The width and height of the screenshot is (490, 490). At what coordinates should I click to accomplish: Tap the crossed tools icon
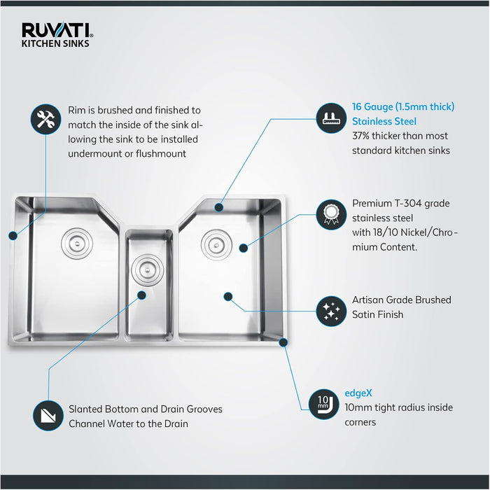pyautogui.click(x=46, y=120)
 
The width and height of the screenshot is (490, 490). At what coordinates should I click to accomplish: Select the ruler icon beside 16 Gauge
pyautogui.click(x=331, y=118)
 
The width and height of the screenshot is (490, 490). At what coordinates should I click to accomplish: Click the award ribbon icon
pyautogui.click(x=331, y=215)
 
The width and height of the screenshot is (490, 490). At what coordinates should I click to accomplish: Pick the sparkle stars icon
pyautogui.click(x=331, y=311)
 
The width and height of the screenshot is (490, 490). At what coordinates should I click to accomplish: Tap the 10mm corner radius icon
pyautogui.click(x=323, y=405)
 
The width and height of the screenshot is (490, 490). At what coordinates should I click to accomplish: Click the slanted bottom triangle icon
pyautogui.click(x=48, y=416)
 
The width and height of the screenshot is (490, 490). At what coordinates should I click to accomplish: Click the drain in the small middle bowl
pyautogui.click(x=147, y=269)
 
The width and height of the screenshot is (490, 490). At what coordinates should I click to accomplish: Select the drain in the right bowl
pyautogui.click(x=216, y=245)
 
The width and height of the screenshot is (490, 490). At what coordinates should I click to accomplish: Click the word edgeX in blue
pyautogui.click(x=358, y=393)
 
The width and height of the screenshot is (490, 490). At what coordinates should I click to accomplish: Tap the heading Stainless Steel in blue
pyautogui.click(x=384, y=121)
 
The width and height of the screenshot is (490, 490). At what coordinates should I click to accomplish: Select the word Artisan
pyautogui.click(x=368, y=300)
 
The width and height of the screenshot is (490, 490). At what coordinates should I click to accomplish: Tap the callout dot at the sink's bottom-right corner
pyautogui.click(x=283, y=342)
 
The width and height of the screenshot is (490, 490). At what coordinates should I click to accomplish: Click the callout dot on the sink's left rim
pyautogui.click(x=13, y=236)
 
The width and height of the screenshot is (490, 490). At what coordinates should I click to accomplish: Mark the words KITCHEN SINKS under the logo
pyautogui.click(x=55, y=43)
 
